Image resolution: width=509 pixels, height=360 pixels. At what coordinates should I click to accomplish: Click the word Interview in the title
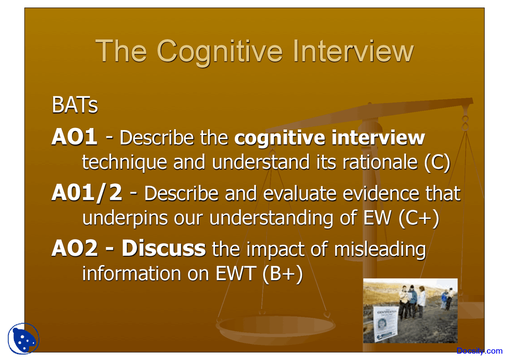point(353,51)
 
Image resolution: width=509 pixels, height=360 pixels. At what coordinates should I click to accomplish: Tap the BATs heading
point(75,106)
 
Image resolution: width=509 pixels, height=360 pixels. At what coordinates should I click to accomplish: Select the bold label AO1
point(74,137)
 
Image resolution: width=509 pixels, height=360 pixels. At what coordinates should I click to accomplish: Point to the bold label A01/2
point(87,193)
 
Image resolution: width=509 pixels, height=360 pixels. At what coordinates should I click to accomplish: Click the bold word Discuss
point(163,249)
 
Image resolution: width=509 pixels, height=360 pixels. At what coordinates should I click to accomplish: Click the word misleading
point(380,249)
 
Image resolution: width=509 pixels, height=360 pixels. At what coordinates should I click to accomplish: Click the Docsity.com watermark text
point(479,351)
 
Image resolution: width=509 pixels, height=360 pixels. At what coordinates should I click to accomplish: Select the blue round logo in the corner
point(24,339)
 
